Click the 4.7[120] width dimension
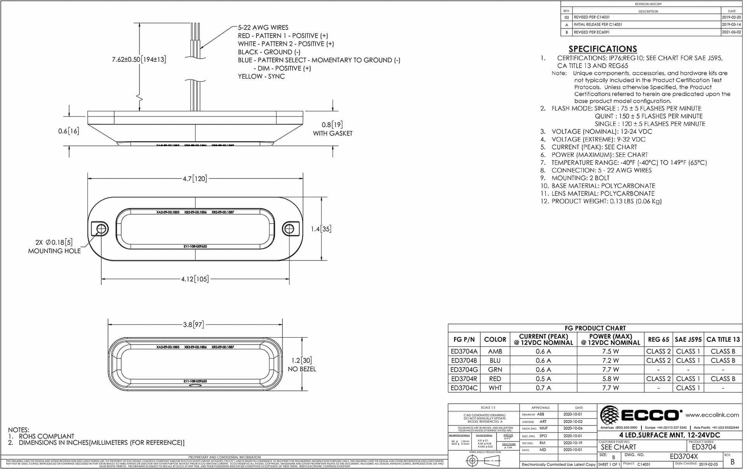point(195,178)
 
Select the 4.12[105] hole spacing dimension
point(195,279)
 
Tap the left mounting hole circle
point(101,229)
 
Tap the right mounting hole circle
point(289,229)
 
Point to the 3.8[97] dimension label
point(193,324)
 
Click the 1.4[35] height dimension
point(321,229)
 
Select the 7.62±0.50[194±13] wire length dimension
point(139,59)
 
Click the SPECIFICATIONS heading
point(603,49)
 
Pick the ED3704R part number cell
point(464,378)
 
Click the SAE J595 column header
point(688,339)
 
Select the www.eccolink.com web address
point(712,415)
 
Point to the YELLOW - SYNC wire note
point(261,76)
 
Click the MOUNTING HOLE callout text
point(54,251)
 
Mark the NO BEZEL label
point(302,369)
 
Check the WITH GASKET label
point(333,133)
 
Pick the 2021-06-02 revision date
point(731,32)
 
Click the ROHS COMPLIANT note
point(46,436)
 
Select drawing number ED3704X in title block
point(683,457)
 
